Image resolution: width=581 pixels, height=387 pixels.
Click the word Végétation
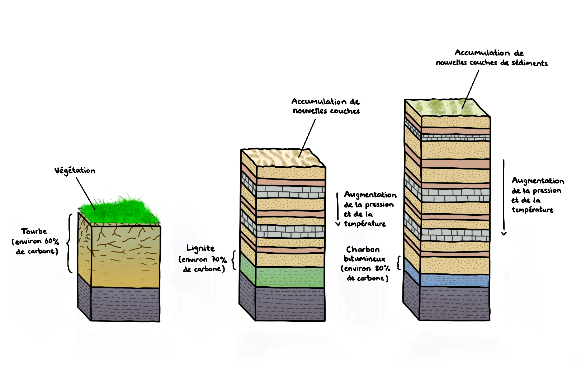[75, 171]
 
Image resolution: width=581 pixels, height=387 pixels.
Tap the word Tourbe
[34, 231]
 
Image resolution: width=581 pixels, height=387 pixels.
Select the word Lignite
[200, 248]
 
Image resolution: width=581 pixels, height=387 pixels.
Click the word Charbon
[363, 249]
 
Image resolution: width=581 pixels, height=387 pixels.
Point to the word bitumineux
[364, 259]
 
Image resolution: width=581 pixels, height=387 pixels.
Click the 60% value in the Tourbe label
[52, 241]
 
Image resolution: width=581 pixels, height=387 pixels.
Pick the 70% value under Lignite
[219, 259]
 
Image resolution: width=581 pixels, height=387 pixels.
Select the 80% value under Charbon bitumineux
[382, 268]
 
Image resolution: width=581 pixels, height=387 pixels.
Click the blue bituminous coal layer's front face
[454, 280]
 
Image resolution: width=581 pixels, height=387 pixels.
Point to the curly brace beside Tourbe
[69, 243]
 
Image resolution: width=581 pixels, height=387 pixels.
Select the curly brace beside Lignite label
[233, 260]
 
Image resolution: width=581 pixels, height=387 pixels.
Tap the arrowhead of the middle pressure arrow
[337, 224]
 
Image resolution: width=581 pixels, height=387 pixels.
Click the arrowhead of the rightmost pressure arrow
[504, 234]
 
